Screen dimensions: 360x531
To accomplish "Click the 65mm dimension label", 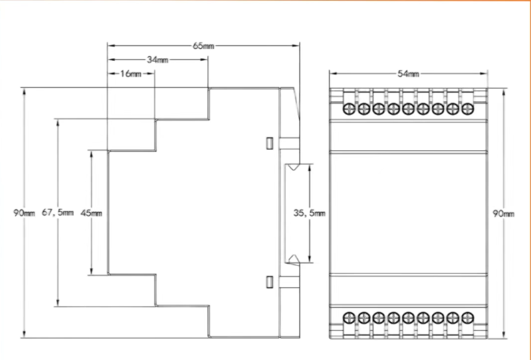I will tap(203, 46).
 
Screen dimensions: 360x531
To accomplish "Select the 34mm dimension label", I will tap(157, 59).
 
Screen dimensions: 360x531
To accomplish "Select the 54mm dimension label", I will tap(408, 74).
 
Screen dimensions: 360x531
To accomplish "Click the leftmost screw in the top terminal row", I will tap(349, 108).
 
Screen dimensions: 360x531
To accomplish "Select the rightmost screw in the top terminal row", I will tap(467, 108).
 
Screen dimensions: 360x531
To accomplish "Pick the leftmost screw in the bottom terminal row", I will tap(349, 318).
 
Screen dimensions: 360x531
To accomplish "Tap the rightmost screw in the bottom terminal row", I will tap(467, 318).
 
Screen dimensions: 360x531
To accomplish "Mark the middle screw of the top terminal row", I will tap(408, 108).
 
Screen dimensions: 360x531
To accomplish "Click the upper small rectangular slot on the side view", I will tap(269, 143).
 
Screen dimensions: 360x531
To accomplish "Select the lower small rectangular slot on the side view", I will tap(269, 282).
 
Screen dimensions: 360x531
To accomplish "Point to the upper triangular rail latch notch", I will tap(291, 168).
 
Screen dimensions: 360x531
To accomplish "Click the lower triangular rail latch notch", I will tap(291, 258).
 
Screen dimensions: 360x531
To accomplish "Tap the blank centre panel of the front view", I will tap(408, 212).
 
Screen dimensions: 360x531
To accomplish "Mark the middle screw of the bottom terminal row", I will tap(408, 318).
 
